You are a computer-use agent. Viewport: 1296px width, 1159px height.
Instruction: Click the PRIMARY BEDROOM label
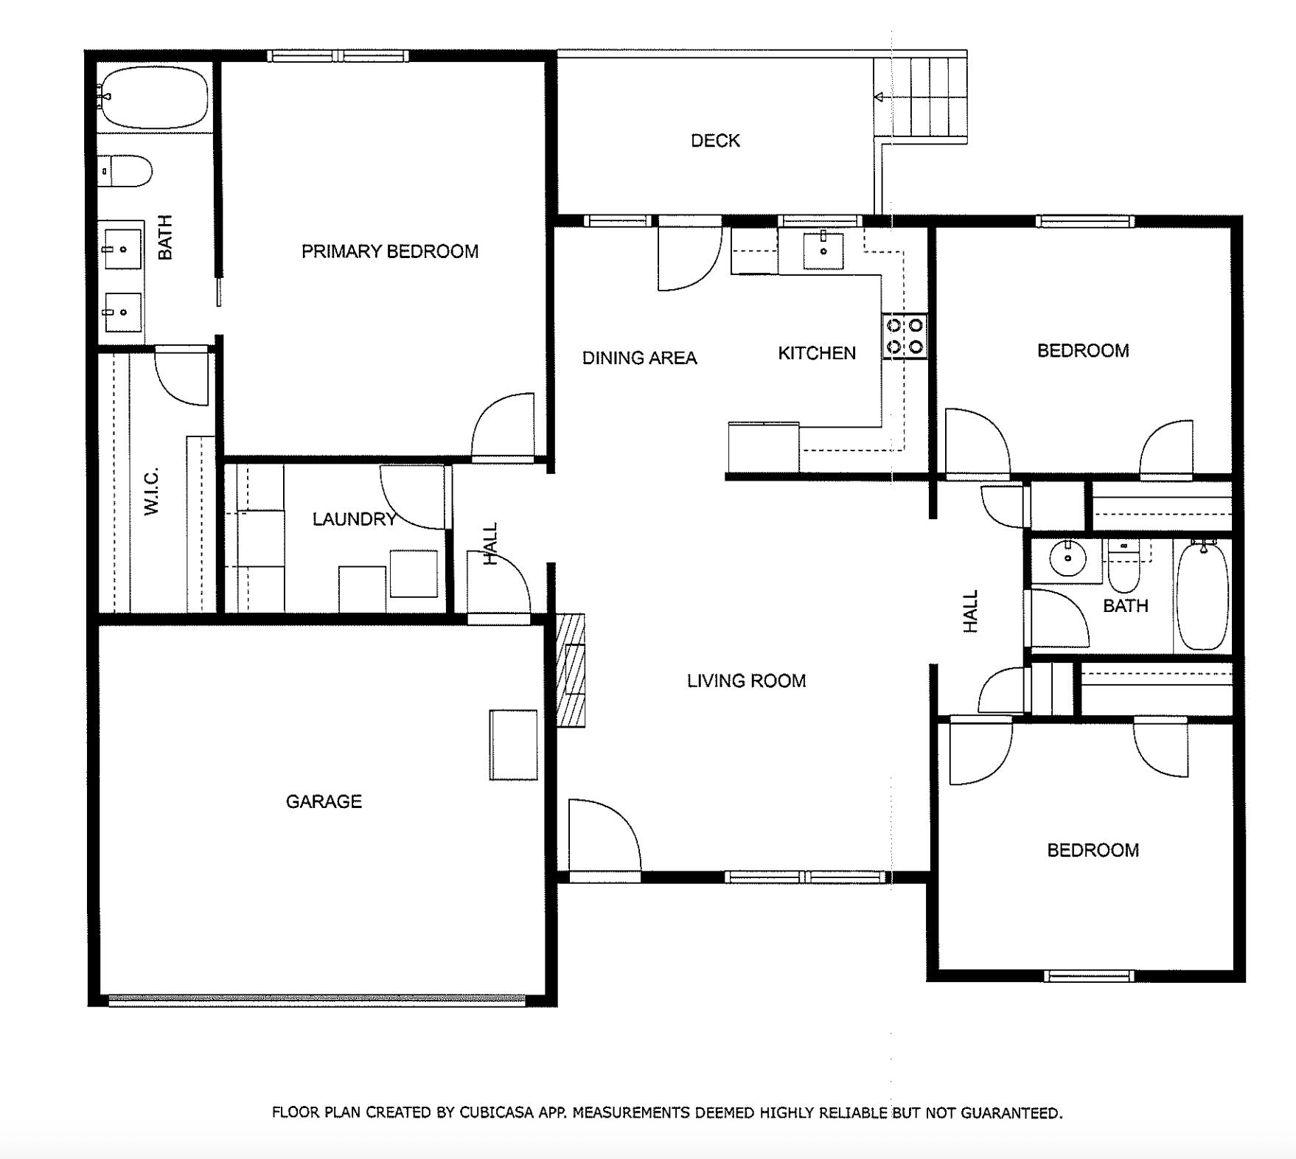(389, 251)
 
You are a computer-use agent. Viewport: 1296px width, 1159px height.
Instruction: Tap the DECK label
(714, 140)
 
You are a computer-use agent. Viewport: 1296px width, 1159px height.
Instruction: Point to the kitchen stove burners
(905, 335)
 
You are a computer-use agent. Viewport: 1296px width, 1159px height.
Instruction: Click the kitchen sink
(823, 249)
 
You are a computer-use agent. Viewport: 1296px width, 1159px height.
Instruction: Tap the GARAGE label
(323, 801)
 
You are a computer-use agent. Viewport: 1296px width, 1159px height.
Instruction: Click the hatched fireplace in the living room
(570, 670)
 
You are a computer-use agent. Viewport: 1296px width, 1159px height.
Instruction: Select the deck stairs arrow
(879, 97)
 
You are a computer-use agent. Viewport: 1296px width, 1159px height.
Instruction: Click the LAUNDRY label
(354, 519)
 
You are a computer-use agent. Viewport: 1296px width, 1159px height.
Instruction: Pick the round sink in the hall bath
(1067, 558)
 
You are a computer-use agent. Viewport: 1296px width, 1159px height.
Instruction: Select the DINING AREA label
(639, 358)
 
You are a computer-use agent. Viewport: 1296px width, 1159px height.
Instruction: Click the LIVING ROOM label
(746, 681)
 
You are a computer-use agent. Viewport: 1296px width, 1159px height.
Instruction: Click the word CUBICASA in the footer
(497, 1113)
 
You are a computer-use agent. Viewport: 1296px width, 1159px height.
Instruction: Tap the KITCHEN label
(816, 353)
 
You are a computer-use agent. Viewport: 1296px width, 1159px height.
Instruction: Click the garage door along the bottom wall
(317, 1000)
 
